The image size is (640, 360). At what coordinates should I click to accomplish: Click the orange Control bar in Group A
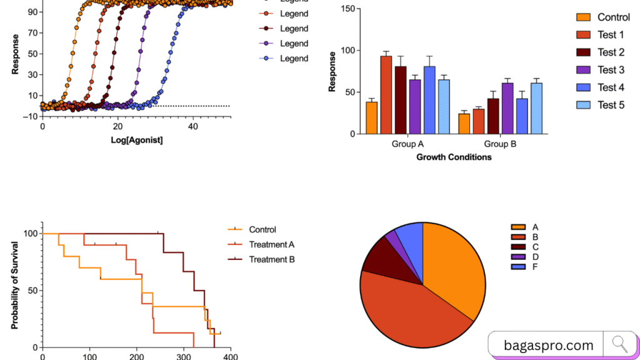371,118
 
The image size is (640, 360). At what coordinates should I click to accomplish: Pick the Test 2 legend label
611,52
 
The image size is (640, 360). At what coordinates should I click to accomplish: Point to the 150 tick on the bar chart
347,9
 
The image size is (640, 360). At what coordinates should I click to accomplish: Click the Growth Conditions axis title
454,157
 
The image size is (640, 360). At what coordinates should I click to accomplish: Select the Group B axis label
499,144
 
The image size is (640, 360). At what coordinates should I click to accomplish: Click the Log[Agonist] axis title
137,140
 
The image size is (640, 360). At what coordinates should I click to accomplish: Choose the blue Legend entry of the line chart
294,59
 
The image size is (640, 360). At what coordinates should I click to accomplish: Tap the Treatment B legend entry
271,259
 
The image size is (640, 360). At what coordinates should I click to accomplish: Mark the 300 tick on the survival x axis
183,357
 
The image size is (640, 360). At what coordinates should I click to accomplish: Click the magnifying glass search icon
619,343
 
